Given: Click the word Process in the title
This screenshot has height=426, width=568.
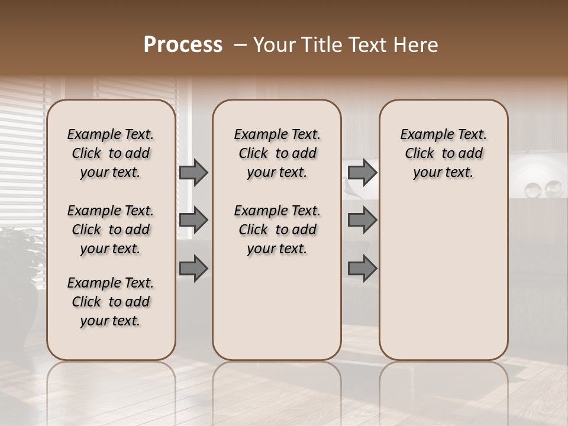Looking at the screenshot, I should (183, 44).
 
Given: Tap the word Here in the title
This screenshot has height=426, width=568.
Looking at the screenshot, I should (418, 45).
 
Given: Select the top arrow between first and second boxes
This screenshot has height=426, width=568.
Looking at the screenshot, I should (193, 172).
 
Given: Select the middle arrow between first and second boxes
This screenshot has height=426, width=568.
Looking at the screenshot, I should (193, 220).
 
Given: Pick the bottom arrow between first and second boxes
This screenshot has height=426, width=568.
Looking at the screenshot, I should (193, 268).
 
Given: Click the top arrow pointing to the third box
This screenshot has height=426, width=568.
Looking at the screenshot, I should (362, 172).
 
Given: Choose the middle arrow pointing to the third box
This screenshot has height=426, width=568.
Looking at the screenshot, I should (362, 220).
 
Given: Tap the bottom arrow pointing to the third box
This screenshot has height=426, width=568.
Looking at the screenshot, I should (362, 268).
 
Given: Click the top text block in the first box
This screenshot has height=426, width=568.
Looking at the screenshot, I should (111, 153).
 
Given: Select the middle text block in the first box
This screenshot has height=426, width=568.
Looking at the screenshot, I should (111, 230).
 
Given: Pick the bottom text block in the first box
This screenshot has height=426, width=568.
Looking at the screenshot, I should (111, 302).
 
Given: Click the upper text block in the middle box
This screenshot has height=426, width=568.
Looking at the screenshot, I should (277, 153).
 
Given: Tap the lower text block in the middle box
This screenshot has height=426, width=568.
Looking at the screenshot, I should (277, 230).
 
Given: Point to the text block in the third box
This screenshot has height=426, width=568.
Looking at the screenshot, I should (443, 153).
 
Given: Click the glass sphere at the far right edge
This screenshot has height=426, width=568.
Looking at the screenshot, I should (554, 189).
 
